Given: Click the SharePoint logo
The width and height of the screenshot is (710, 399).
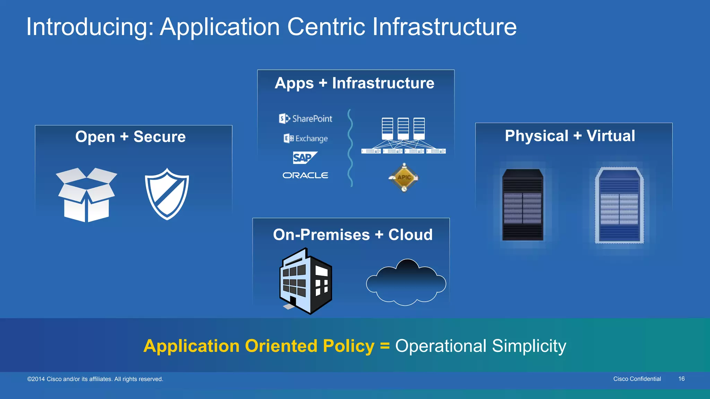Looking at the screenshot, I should [306, 119].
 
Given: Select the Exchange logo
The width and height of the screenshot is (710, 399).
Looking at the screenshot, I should [306, 139].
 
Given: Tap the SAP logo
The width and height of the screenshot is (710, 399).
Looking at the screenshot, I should [304, 158].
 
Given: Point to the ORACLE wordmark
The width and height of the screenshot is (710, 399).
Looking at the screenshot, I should [305, 176].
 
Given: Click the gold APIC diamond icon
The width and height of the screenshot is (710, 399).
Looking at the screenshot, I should [404, 178].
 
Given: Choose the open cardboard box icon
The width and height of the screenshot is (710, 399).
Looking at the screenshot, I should [87, 195].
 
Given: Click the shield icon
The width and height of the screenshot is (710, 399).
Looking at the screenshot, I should [167, 194].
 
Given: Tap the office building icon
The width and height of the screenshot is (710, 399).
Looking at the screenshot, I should [305, 281].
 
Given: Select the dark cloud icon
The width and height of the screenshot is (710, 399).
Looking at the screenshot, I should [406, 283].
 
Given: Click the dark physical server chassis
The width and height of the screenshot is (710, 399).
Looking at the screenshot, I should [523, 205].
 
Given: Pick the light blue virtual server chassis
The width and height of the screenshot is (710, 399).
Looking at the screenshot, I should [619, 205].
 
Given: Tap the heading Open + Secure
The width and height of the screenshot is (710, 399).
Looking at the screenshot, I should [130, 137].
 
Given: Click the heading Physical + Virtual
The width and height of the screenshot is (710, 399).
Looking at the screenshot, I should [570, 136].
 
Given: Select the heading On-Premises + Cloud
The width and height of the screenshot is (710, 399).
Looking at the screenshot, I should [353, 235].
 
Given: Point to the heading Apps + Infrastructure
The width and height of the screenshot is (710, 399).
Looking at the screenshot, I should [354, 83].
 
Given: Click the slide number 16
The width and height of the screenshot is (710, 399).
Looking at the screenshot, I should [681, 379].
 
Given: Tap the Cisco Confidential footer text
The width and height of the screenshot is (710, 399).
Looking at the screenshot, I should [637, 379].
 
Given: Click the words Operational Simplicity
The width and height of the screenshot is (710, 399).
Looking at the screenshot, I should [480, 346].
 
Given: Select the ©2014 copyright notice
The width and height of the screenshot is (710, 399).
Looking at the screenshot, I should [95, 379].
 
